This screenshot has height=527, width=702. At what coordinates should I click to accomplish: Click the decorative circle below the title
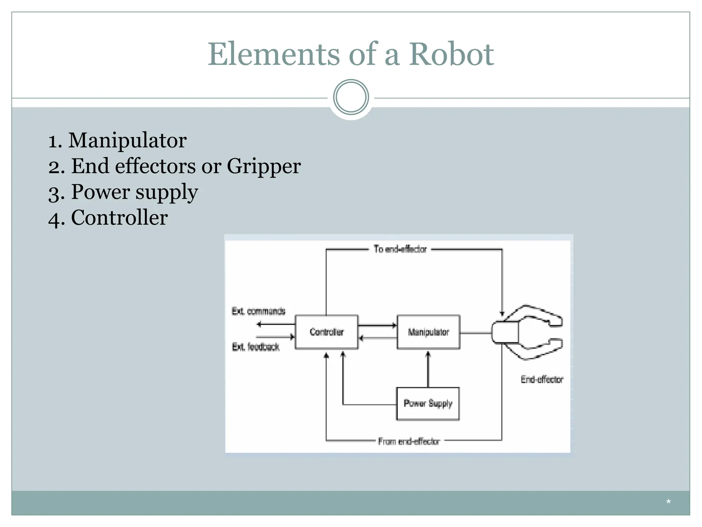pos(351,97)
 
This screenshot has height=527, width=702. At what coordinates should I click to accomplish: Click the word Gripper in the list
pos(264,166)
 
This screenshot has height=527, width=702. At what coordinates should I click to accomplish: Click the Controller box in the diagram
pos(326,332)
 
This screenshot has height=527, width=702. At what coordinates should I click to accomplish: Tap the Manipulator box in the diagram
pos(428,332)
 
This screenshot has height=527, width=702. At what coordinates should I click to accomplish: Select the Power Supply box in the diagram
pos(427,403)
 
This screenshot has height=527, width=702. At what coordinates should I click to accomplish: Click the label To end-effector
pos(400,249)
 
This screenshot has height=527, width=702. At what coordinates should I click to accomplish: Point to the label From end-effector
pos(409,441)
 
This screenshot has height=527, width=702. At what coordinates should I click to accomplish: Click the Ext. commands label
pos(258,311)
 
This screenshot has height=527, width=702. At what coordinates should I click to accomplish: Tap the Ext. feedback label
pos(256,347)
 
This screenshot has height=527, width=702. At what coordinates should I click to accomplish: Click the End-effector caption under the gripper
pos(542,379)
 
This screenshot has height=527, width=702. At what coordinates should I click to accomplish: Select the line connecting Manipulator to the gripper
pos(475,333)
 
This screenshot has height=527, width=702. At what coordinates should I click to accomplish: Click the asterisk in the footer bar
pos(668,502)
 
